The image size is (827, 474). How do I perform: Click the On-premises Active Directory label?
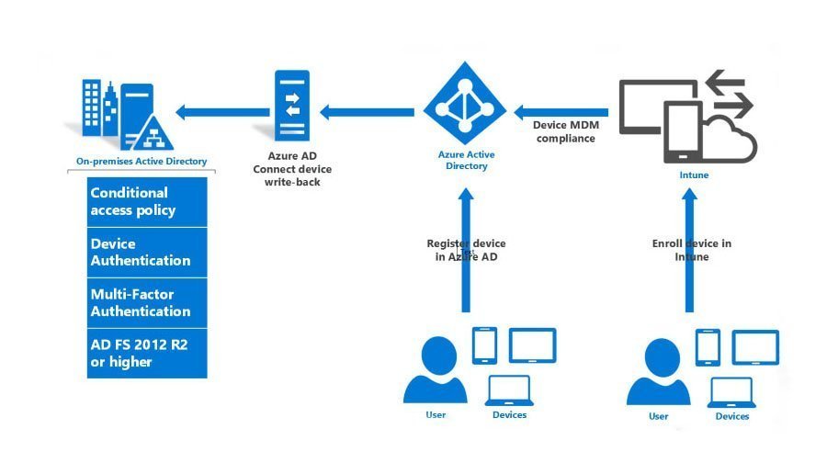[x=142, y=161]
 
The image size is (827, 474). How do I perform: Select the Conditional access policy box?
[x=147, y=202]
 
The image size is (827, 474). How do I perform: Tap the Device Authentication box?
[x=147, y=253]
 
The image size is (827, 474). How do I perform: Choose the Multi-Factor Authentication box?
[x=147, y=303]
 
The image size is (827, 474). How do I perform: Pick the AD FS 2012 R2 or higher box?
[x=147, y=354]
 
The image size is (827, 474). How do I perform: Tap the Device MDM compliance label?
[x=565, y=131]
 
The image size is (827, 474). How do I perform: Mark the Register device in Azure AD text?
[x=466, y=250]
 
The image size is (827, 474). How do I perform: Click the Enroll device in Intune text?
[x=692, y=250]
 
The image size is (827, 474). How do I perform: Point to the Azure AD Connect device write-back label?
[x=292, y=170]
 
